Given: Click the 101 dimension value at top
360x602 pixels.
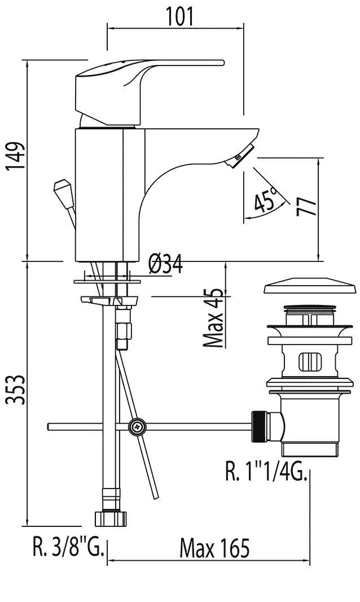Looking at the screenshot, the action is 179,17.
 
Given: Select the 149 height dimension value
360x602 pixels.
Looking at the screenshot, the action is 16,156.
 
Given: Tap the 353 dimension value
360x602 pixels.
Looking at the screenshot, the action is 16,390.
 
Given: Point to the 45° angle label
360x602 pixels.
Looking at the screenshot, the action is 265,200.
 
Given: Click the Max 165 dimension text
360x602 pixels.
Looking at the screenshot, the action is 215,547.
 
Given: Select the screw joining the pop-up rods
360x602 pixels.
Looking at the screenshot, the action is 137,427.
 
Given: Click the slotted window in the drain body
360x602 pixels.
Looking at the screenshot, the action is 309,361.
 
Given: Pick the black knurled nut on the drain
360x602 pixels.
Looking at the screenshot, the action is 257,427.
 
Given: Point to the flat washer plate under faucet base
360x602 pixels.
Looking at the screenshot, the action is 107,281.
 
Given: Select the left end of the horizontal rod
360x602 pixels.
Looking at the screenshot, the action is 48,427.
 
